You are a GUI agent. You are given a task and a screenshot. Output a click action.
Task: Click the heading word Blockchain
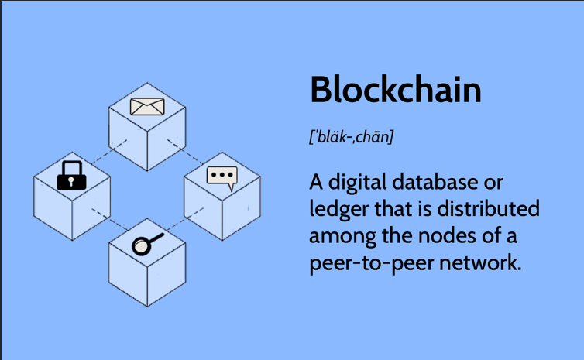395,90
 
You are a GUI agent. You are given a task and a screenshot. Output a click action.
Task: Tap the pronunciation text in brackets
352,137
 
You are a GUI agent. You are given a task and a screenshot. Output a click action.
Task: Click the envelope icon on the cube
147,105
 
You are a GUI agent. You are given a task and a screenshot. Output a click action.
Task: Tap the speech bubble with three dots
222,177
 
